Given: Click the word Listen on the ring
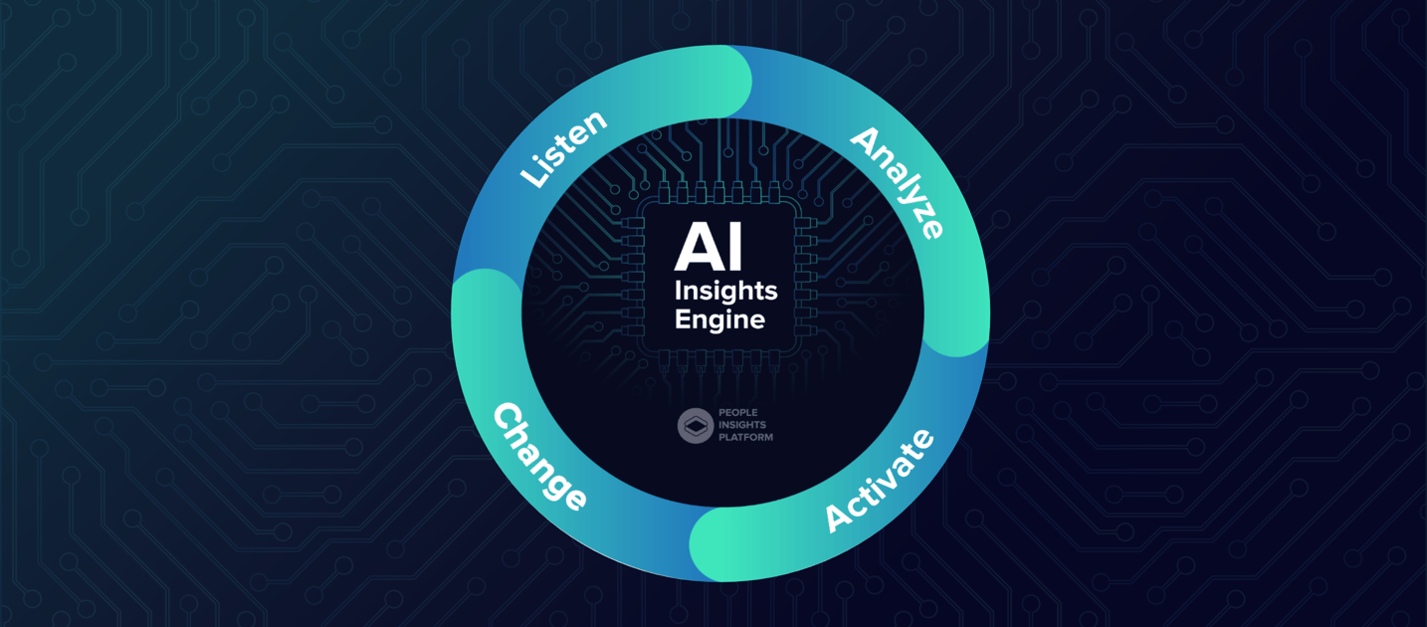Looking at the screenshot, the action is pos(564,149).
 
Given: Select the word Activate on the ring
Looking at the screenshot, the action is pos(880,481).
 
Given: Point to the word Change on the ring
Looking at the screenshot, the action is pos(539,456).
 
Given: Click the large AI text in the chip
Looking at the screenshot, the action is pos(709,247).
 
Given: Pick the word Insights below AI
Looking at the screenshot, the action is pos(725,292).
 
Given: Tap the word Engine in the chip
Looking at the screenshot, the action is pos(719,320).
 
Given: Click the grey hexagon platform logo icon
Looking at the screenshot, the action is pos(695,425).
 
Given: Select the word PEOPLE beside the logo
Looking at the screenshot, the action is pos(737,412).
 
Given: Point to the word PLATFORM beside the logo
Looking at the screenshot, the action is pos(745,437).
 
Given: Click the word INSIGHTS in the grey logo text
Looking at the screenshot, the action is pos(742,424).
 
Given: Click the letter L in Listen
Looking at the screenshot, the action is pos(533,176).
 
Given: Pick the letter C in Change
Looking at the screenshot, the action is pos(508,418).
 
